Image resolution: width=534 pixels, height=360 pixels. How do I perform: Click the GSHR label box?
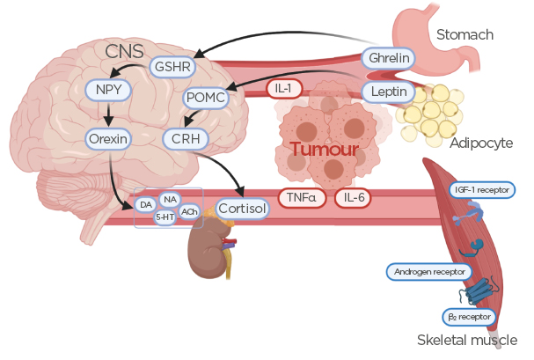pos(174,66)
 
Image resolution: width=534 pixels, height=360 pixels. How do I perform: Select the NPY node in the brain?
pos(107,91)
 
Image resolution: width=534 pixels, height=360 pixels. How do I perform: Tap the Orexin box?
pos(108,139)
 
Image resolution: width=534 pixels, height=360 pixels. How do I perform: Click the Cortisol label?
pos(242,209)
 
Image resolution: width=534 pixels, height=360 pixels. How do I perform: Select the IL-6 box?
pos(355,198)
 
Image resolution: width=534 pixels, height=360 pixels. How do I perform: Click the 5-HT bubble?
pos(165,217)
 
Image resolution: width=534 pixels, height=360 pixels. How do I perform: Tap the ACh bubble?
pos(189,211)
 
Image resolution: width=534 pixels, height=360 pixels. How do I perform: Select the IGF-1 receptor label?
pos(481,189)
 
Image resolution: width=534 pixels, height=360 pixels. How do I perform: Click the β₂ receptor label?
pos(469,316)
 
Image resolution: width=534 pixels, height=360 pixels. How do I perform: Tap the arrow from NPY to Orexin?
pos(107,114)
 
